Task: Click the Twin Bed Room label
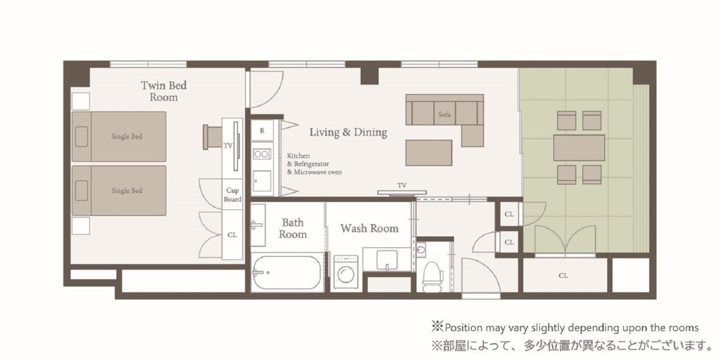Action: (x=164, y=91)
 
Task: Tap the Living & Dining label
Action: (x=348, y=132)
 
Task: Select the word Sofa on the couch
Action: (x=444, y=114)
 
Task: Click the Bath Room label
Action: (x=293, y=228)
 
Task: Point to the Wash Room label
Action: (x=370, y=228)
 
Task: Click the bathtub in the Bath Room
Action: (x=287, y=272)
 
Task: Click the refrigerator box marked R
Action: (x=262, y=130)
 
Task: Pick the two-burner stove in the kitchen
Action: (x=262, y=154)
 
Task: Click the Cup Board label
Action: (x=232, y=195)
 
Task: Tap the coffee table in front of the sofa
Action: (x=429, y=153)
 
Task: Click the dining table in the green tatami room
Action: (x=579, y=148)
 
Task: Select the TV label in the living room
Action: (x=402, y=186)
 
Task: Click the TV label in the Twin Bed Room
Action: (x=228, y=146)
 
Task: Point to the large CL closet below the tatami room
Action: (x=564, y=275)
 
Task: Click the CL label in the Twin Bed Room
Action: (x=232, y=235)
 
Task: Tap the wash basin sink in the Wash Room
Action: (x=387, y=260)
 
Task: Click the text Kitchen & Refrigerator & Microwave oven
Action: (x=314, y=164)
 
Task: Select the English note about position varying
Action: (x=565, y=328)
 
